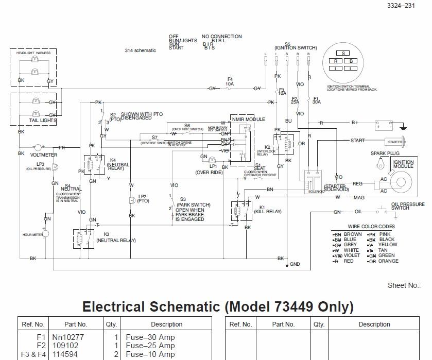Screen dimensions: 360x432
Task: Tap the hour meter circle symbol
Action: point(45,234)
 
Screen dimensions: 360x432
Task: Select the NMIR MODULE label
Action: point(248,119)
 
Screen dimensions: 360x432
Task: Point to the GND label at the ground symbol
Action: point(295,264)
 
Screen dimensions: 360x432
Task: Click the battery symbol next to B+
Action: point(383,125)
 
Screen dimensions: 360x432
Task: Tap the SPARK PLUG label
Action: point(382,153)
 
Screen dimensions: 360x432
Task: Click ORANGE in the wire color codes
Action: point(388,261)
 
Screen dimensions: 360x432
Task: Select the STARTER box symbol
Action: point(395,141)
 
